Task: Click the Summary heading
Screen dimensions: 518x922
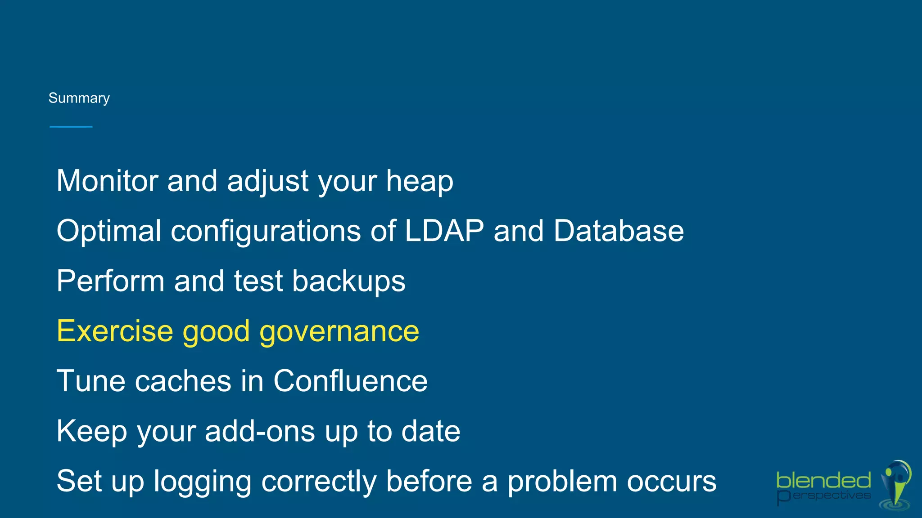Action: coord(79,98)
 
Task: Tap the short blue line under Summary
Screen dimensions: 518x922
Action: coord(71,127)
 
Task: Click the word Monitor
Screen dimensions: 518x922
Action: coord(107,181)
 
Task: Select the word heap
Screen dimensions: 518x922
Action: coord(420,182)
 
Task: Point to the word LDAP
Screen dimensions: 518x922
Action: coord(444,231)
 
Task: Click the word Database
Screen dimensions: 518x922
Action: coord(619,231)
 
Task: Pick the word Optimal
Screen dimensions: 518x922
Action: coord(109,231)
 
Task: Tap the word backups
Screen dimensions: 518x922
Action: coord(349,281)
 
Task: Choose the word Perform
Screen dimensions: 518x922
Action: coord(110,281)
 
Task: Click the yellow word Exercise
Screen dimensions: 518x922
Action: coord(115,331)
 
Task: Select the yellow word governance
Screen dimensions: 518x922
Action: coord(339,332)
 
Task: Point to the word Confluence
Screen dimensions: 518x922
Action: coord(350,381)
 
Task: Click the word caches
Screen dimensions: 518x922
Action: coord(183,381)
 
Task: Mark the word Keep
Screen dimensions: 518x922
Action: coord(92,432)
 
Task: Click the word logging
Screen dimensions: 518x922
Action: coord(202,482)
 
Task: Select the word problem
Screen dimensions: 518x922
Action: coord(563,482)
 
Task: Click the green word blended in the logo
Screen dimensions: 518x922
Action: coord(823,481)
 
